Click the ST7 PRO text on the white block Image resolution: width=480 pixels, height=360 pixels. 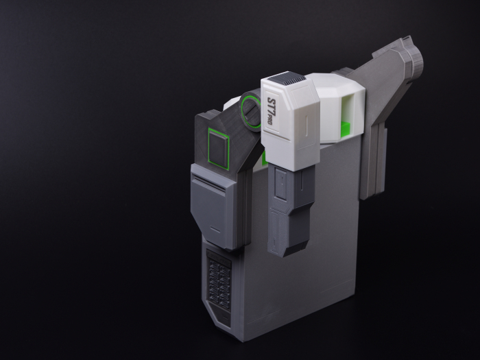(x=270, y=111)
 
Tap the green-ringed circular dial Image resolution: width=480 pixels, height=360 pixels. (x=250, y=110)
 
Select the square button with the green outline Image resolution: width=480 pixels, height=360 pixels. (x=219, y=148)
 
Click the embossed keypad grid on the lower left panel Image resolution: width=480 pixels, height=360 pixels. (x=219, y=283)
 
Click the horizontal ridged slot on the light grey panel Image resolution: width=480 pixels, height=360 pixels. (x=208, y=180)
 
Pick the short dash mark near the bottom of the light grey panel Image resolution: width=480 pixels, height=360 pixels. (x=215, y=229)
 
